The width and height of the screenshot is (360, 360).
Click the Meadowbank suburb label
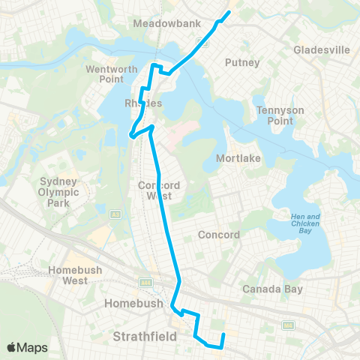click(x=166, y=23)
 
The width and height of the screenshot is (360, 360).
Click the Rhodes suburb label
click(x=142, y=103)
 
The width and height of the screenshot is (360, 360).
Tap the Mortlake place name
click(x=237, y=158)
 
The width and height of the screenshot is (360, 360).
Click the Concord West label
click(x=156, y=190)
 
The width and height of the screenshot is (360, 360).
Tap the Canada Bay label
click(x=272, y=289)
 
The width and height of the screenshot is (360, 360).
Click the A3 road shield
click(x=116, y=214)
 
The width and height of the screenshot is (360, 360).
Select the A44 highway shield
click(x=145, y=283)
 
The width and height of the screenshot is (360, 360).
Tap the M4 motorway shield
click(x=288, y=325)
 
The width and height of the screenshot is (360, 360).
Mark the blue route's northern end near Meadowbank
click(x=229, y=12)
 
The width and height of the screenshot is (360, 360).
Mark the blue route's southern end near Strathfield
click(x=223, y=333)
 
